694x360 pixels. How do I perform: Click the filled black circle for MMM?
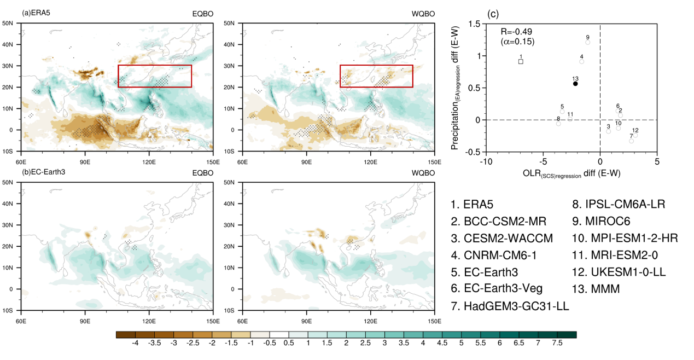(575, 84)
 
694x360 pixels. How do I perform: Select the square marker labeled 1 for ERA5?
(521, 61)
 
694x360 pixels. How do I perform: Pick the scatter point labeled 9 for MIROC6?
(588, 42)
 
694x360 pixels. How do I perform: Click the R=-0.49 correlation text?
(517, 32)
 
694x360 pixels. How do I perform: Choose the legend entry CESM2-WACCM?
(501, 238)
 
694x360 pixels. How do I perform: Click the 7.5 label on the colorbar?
(558, 342)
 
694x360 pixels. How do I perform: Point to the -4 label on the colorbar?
(136, 342)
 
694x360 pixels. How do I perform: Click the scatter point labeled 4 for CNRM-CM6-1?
(581, 61)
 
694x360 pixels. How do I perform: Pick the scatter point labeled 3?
(608, 131)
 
